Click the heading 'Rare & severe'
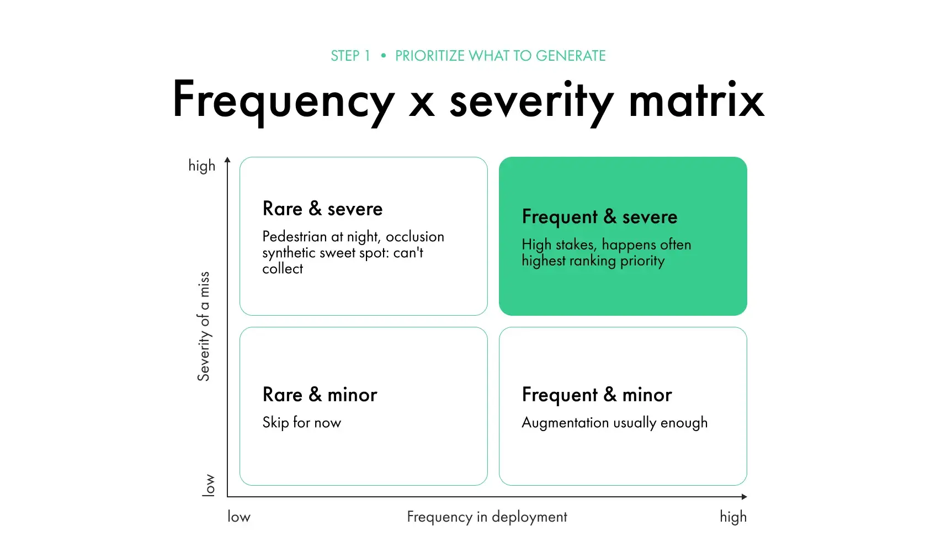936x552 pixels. coord(322,209)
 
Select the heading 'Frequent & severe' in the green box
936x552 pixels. coord(599,217)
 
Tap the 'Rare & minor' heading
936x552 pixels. coord(320,395)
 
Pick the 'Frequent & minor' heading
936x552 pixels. coord(597,395)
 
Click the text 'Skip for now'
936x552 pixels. coord(302,422)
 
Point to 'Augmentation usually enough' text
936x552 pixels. coord(615,423)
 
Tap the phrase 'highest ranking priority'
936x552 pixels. coord(593,261)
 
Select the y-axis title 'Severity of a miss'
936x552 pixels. coord(204,326)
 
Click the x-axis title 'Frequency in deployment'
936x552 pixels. coord(487,517)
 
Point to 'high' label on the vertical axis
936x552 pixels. coord(202,166)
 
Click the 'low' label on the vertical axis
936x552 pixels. coord(208,485)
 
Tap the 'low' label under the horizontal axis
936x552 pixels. coord(239,517)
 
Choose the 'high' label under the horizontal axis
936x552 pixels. coord(733,517)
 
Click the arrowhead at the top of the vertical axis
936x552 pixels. coord(227,160)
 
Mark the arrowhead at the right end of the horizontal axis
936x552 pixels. coord(744,496)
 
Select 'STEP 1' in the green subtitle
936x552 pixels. coord(350,56)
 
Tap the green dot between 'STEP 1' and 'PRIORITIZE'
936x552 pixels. coord(383,56)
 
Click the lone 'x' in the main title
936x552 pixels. coord(422,105)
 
